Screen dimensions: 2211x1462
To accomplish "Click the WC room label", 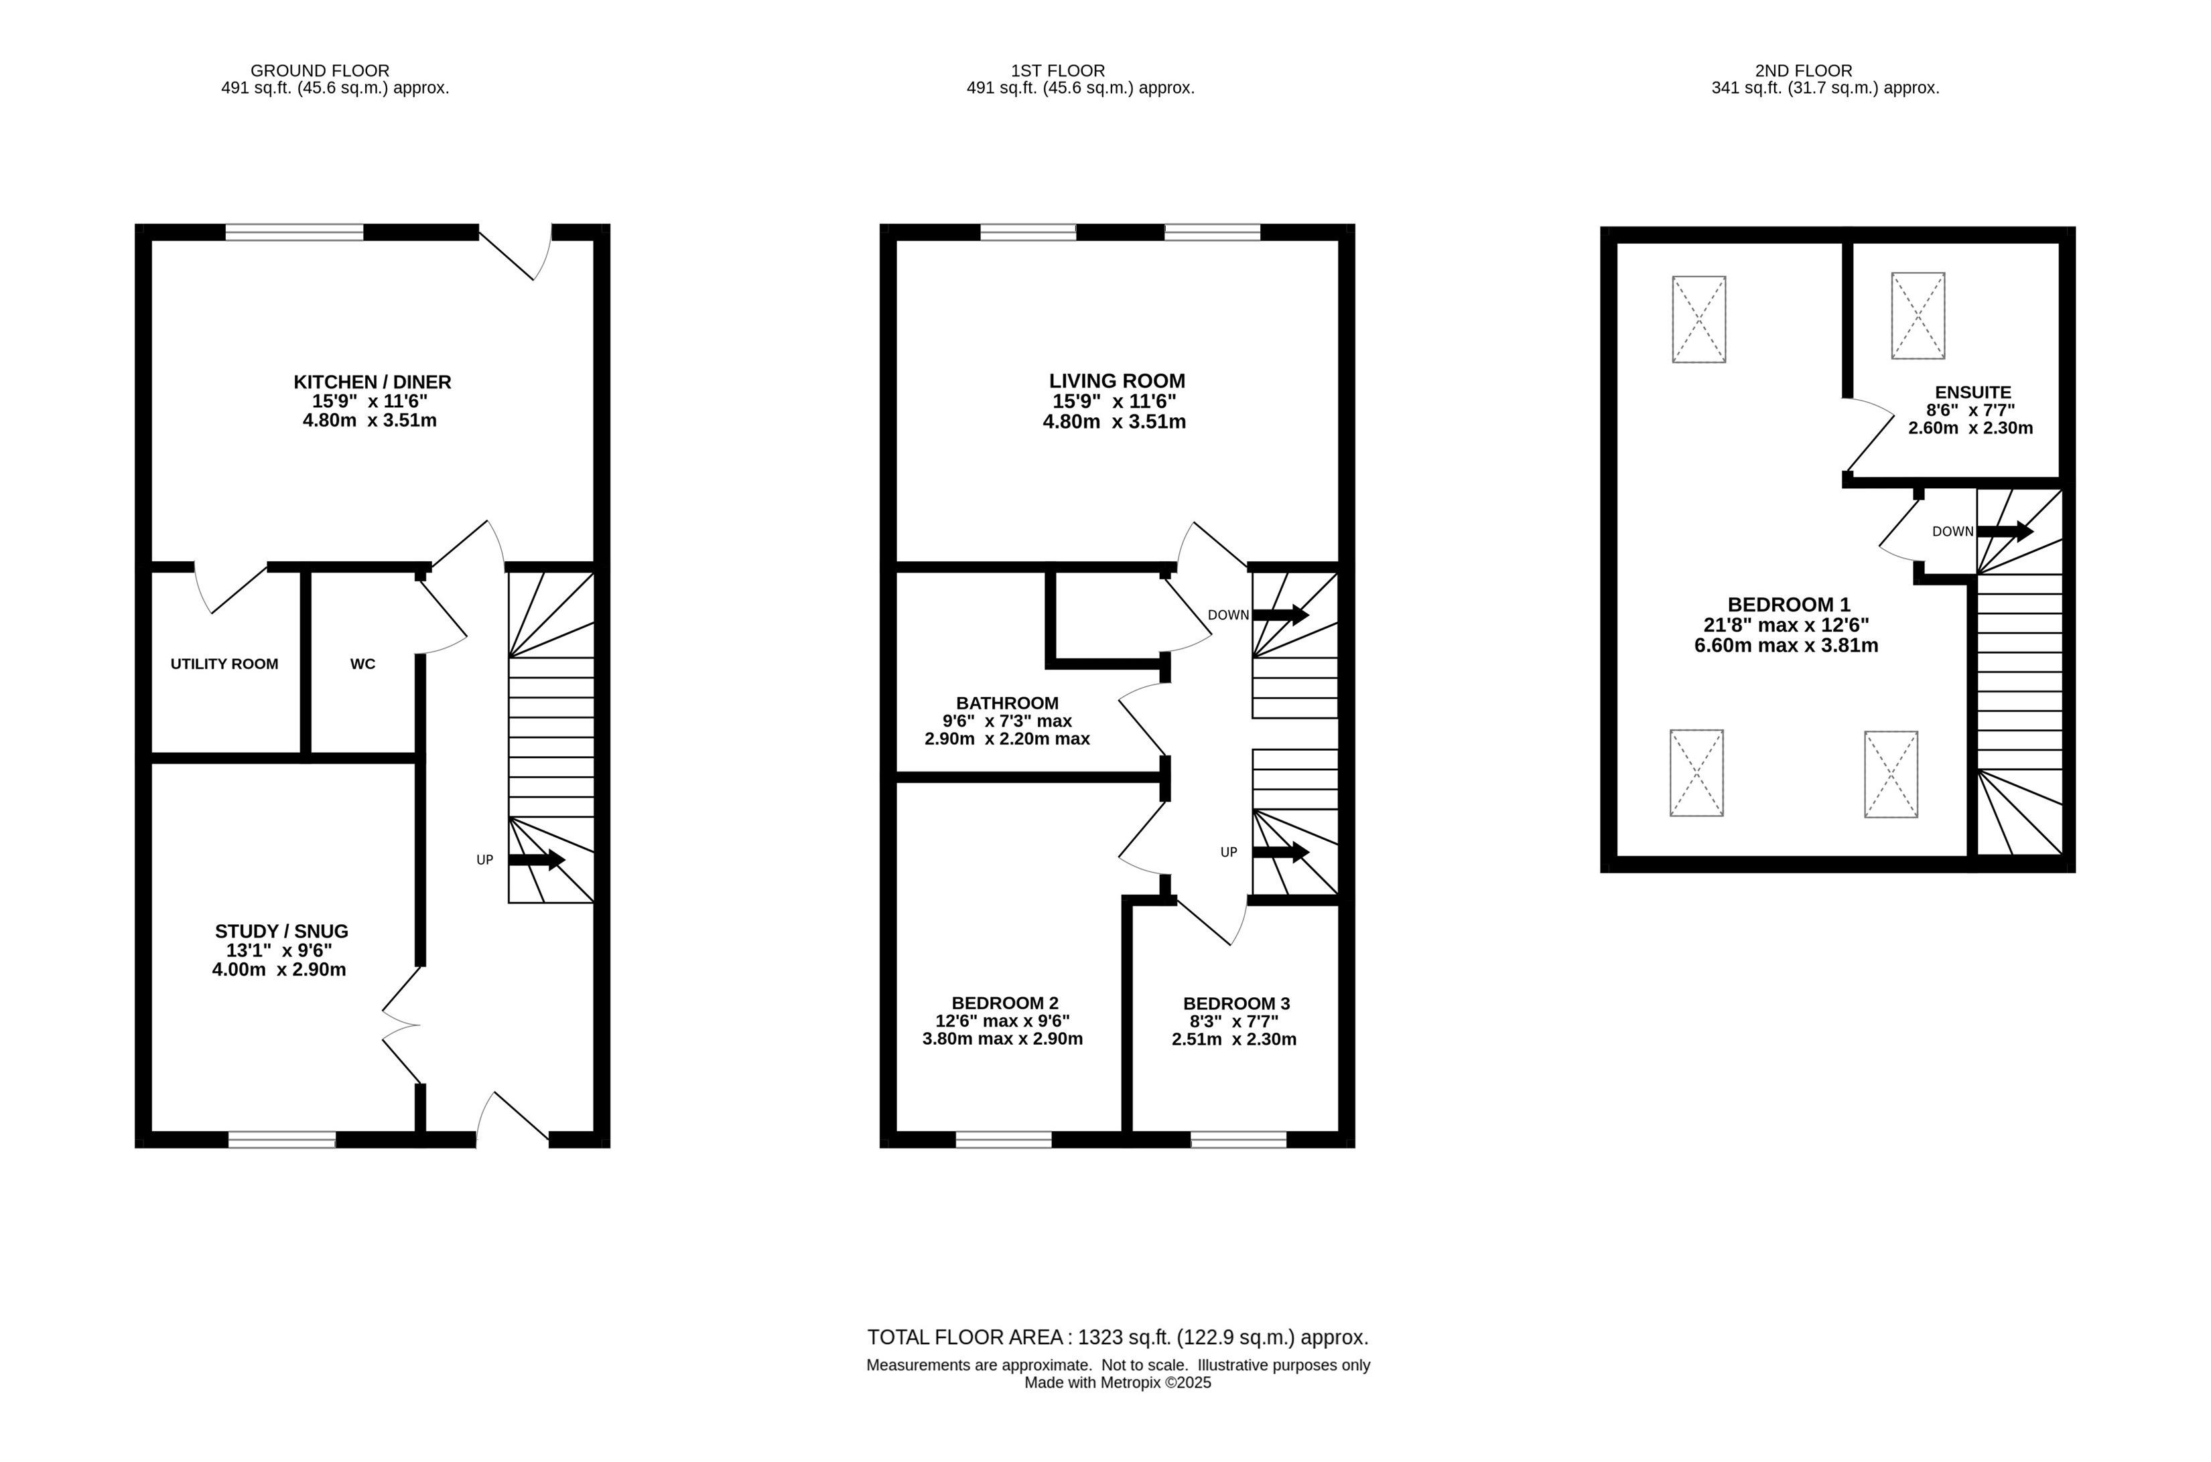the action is (x=362, y=664).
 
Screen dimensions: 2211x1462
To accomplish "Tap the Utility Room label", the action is (x=224, y=664).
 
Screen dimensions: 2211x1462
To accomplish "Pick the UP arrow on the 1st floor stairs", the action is (x=1280, y=852).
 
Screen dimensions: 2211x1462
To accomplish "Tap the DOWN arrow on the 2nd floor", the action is (x=2005, y=532).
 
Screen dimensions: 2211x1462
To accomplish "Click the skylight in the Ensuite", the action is (x=1918, y=315).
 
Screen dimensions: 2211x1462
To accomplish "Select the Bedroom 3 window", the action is (x=1238, y=1139).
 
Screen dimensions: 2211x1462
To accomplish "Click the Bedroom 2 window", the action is (x=1004, y=1139).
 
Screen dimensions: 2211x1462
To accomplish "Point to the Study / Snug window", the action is (x=281, y=1139).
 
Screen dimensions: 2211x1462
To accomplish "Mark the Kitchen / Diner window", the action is (x=295, y=232).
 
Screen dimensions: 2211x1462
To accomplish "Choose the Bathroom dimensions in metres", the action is (x=1007, y=739).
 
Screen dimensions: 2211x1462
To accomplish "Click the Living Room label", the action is (x=1117, y=380).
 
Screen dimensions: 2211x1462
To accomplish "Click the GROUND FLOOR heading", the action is (x=320, y=70).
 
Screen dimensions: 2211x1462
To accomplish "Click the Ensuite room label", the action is (x=1973, y=392).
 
